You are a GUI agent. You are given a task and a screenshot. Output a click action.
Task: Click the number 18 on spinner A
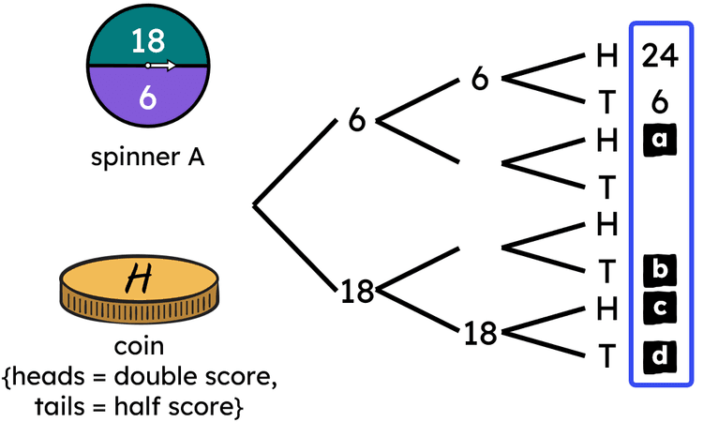(147, 41)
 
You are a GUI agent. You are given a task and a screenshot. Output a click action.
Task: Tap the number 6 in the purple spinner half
(147, 97)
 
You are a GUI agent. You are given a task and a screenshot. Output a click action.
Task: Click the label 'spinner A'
(147, 158)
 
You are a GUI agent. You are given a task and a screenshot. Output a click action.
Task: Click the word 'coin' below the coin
(140, 347)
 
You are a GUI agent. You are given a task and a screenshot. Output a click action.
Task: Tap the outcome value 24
(660, 57)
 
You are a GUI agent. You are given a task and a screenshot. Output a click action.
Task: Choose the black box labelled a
(660, 141)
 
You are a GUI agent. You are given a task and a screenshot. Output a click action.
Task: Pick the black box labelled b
(660, 270)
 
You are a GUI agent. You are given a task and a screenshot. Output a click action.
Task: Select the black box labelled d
(660, 356)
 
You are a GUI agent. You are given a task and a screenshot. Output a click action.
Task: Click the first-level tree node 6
(356, 122)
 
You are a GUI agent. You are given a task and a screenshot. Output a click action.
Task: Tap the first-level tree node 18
(356, 292)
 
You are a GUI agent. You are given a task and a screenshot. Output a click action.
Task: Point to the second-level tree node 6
(480, 80)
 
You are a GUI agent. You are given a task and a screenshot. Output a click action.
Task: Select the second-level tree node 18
(480, 333)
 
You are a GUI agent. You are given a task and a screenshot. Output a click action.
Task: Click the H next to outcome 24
(606, 57)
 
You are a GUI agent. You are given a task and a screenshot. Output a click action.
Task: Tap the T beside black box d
(606, 356)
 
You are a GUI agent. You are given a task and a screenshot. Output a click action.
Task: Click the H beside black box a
(606, 141)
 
